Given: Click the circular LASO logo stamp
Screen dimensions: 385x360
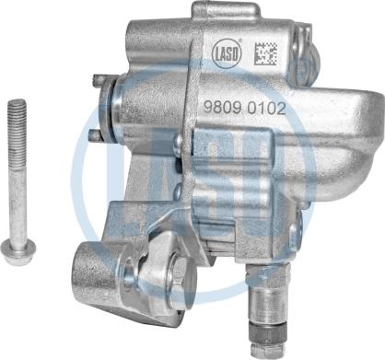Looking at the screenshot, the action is (227, 53).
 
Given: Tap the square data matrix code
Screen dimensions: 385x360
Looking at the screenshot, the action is (266, 53).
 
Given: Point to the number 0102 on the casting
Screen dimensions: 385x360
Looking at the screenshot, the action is (266, 109).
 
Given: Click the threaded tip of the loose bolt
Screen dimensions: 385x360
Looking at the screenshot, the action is (17, 122).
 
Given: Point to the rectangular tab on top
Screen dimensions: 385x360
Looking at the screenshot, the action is (224, 11).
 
